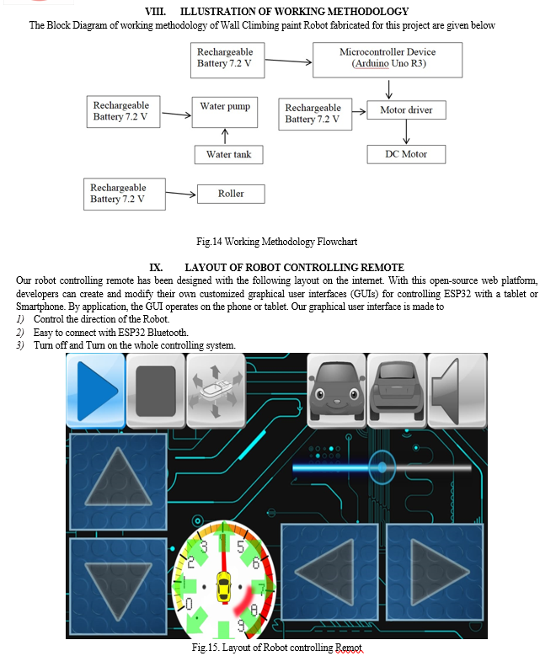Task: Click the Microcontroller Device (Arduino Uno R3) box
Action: tap(388, 60)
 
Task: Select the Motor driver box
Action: tap(406, 110)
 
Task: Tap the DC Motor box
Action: tap(406, 154)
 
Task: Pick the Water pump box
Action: tap(225, 113)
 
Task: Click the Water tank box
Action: tap(228, 155)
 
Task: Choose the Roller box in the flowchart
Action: tap(231, 195)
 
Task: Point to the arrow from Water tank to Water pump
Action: tap(225, 136)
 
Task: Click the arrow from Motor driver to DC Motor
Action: tap(406, 132)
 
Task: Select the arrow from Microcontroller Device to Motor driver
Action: tap(389, 89)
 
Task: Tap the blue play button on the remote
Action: tap(95, 391)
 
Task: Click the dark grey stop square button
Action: tap(155, 391)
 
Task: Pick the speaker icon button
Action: tap(457, 391)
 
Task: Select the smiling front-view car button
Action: tap(337, 391)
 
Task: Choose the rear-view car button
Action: tap(397, 391)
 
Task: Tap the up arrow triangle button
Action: tap(118, 482)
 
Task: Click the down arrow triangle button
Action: tap(118, 586)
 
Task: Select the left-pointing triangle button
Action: tap(329, 572)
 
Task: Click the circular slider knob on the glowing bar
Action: tap(382, 467)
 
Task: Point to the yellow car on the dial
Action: tap(223, 587)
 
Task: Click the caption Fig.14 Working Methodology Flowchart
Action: tap(277, 242)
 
